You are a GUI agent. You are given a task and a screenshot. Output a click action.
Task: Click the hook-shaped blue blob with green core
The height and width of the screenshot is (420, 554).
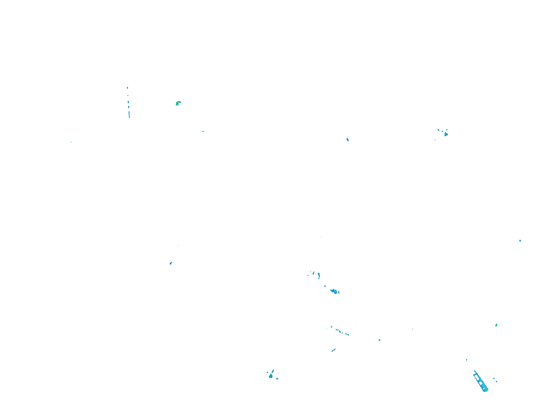178,103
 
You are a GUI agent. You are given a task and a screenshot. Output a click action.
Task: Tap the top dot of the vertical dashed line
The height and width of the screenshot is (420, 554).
127,88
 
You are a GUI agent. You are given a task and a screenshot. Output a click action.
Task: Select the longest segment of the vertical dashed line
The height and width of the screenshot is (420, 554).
129,115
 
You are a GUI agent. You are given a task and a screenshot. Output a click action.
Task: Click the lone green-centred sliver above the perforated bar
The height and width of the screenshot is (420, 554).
496,325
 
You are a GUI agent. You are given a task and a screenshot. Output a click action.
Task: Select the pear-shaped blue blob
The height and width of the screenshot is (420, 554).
271,376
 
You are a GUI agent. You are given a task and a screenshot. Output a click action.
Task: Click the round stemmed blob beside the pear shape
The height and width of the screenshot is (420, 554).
277,379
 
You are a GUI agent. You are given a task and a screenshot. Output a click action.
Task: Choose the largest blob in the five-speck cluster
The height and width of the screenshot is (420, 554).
446,134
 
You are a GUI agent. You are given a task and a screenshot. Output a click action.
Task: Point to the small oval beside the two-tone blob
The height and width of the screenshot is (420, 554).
339,292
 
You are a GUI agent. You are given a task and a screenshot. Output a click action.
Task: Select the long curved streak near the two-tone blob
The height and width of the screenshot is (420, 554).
319,275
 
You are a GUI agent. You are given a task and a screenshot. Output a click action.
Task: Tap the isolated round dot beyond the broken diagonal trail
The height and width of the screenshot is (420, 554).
379,340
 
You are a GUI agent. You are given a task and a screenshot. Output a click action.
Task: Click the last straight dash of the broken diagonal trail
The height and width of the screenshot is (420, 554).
347,334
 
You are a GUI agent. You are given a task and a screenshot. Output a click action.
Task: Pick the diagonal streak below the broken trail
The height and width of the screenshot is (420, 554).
333,350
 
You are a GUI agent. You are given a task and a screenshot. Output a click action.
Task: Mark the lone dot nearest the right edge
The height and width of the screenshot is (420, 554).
520,241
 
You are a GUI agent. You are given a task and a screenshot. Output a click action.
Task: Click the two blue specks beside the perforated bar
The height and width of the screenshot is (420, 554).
495,380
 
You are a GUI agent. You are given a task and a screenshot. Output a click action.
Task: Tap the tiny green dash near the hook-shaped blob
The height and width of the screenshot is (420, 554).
203,131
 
